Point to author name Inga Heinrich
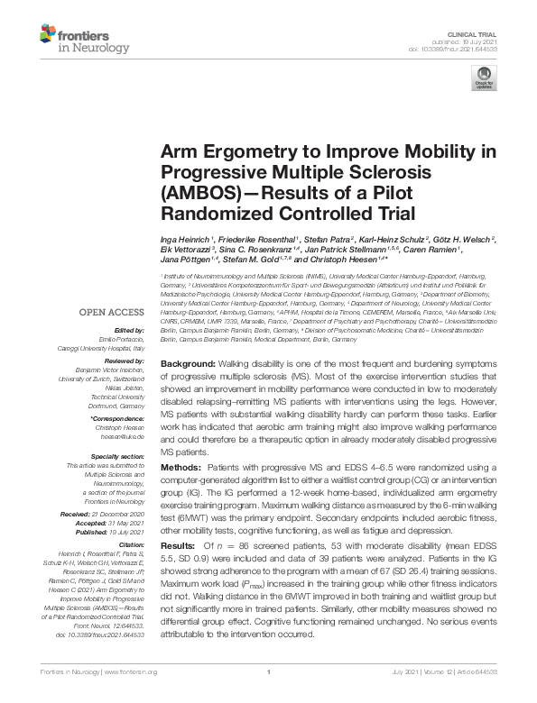(x=190, y=236)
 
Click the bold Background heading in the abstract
(x=190, y=362)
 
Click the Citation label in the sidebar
(x=132, y=545)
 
